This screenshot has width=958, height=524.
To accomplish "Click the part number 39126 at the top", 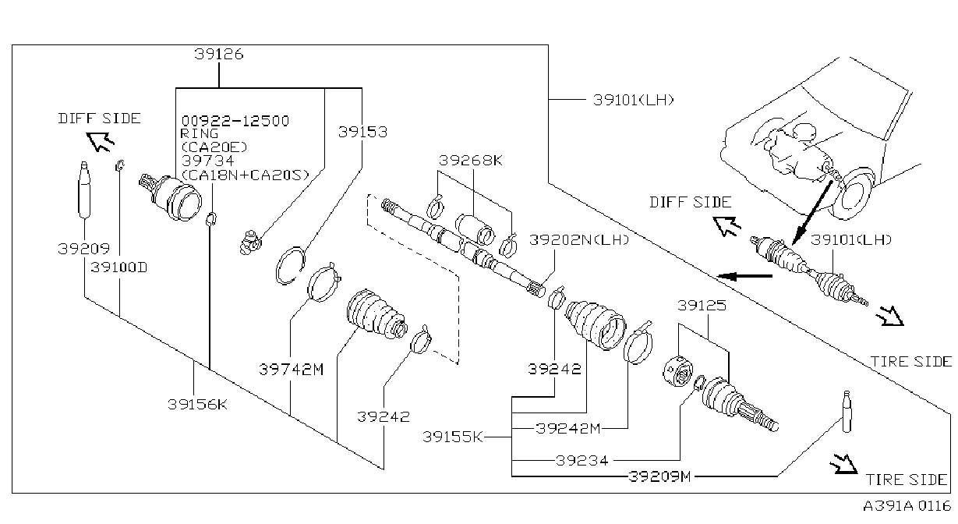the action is tap(219, 55).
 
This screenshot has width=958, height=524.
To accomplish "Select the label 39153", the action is tap(362, 133).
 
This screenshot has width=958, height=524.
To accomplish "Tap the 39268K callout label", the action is tap(471, 161).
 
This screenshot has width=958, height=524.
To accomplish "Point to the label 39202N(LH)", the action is tap(579, 240).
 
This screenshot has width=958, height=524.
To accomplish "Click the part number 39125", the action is tap(702, 306).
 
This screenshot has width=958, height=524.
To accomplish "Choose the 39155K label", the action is tap(452, 437).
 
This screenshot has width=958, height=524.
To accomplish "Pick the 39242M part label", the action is tap(568, 428).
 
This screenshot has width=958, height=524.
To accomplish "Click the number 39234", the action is tap(582, 461).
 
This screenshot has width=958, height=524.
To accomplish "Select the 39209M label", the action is tap(660, 476).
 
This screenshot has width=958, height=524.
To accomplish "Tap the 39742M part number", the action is tap(292, 369).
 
